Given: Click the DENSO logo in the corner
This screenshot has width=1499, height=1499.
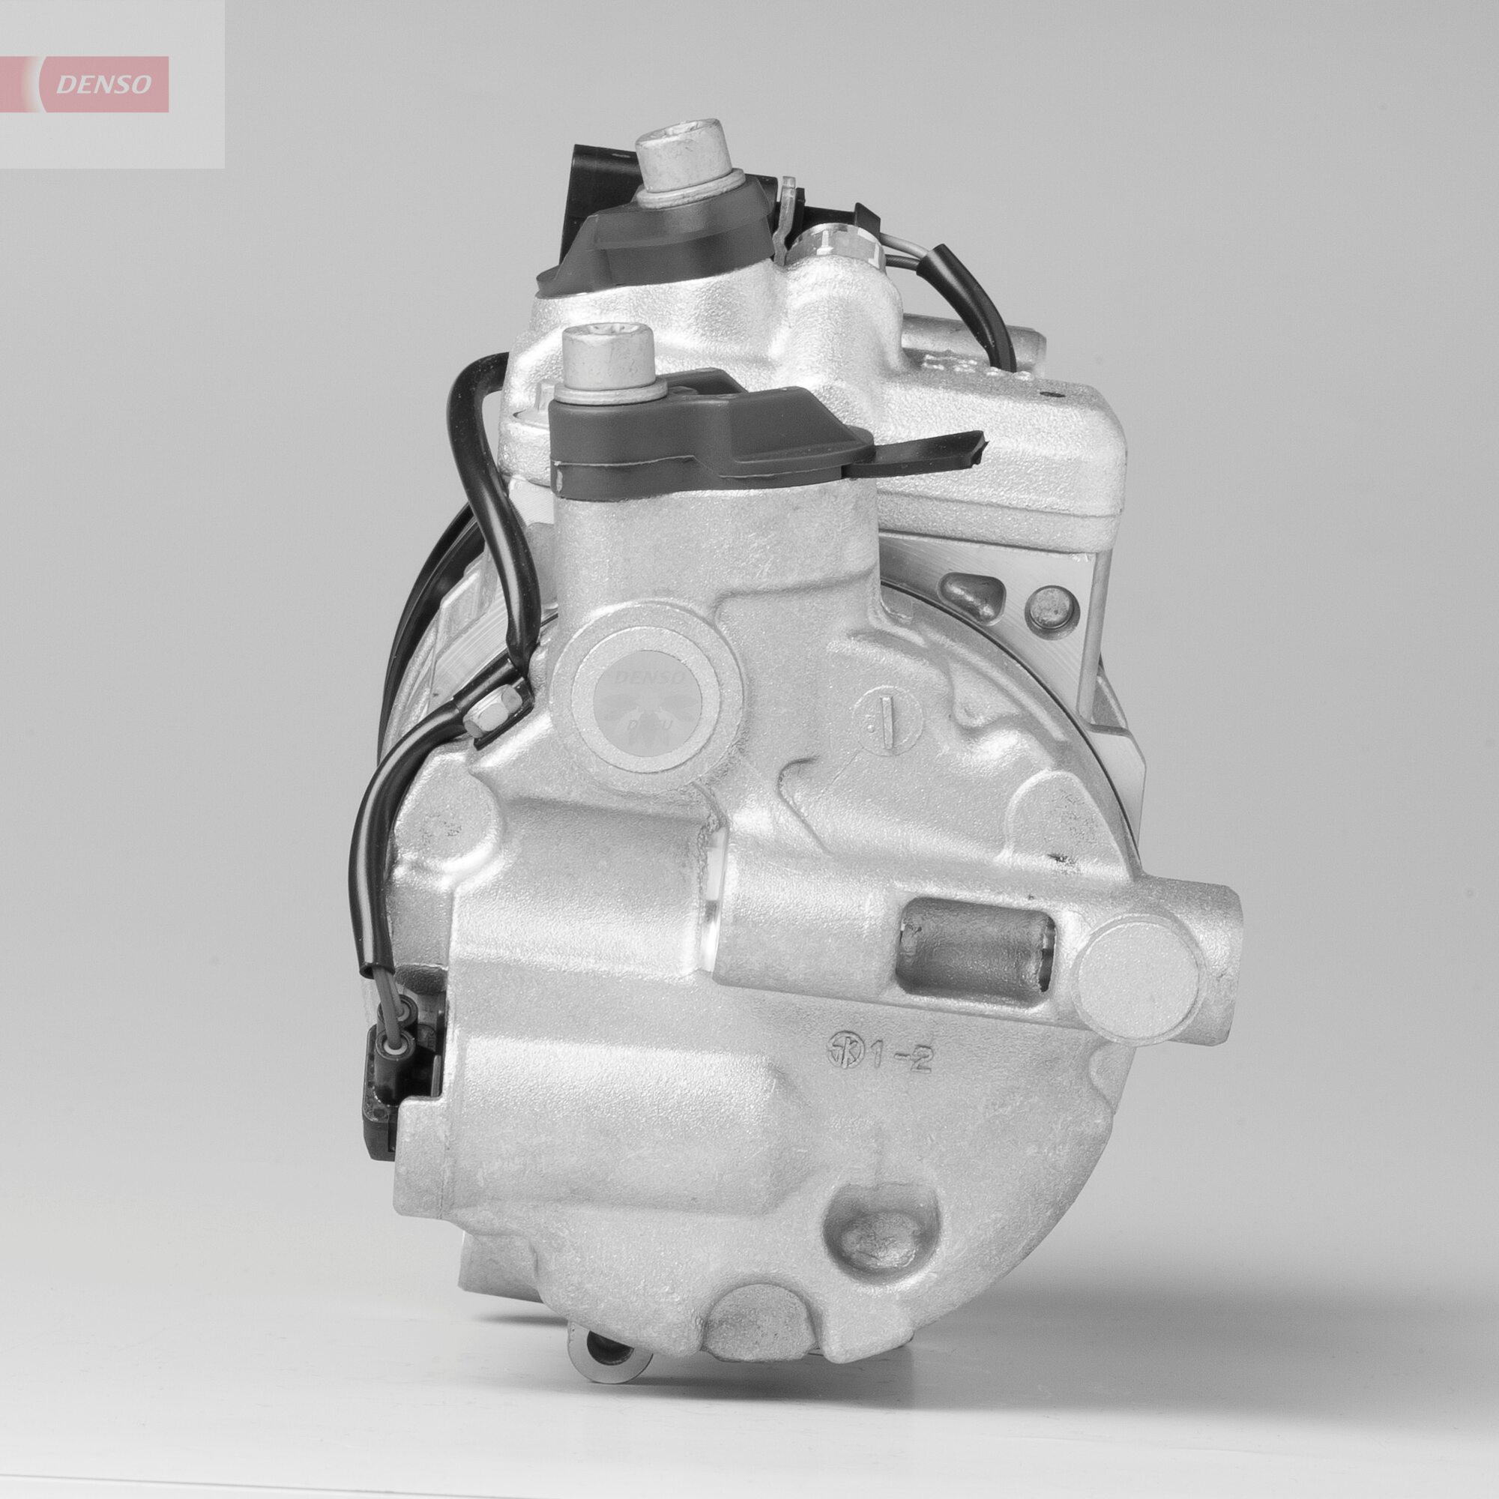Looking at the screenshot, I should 103,84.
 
